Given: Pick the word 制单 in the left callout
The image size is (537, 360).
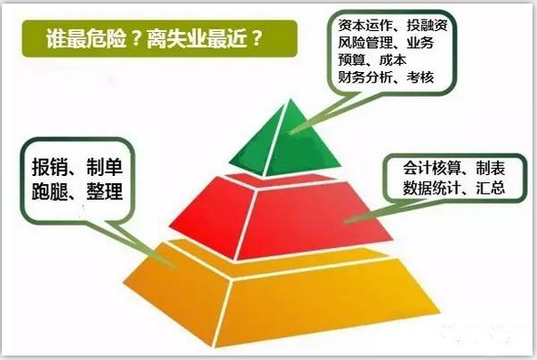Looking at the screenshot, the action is [104, 167].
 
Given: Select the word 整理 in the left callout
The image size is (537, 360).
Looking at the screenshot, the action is [104, 191].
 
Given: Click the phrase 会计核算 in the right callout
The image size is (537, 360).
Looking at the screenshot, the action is [433, 168].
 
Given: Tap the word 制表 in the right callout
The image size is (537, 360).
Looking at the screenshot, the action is [491, 168].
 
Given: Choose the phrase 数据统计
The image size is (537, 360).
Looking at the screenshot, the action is [433, 188].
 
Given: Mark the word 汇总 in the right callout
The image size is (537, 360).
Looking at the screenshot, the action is [491, 188].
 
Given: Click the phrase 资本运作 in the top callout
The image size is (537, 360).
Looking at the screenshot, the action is [365, 25].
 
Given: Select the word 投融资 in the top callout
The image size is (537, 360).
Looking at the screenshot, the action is [427, 25].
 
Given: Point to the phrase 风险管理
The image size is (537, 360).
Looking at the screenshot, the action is [365, 43].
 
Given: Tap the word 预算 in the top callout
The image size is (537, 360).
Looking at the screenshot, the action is [352, 60].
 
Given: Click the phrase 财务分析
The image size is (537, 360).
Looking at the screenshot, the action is [365, 77].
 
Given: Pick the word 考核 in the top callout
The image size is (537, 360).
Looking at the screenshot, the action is [421, 77].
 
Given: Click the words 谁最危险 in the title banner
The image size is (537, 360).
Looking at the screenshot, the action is [86, 38].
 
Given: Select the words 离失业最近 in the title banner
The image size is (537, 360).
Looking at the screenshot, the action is [196, 38].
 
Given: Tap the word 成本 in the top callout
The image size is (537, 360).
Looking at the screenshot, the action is [393, 60].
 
